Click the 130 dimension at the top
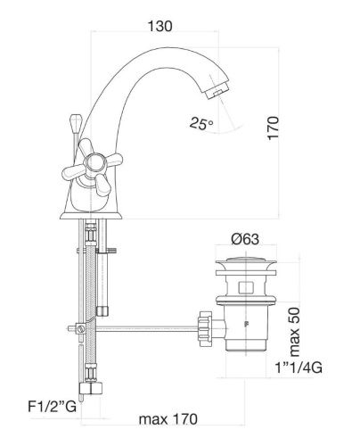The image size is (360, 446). (160, 26)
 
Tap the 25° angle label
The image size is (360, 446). (201, 123)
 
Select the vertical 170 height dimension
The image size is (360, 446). (273, 128)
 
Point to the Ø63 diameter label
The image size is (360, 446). (245, 239)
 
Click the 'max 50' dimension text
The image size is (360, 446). (295, 332)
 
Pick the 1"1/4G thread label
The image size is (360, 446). (299, 368)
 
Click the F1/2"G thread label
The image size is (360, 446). (52, 407)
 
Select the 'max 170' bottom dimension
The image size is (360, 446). (168, 419)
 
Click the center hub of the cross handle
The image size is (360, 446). (94, 163)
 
